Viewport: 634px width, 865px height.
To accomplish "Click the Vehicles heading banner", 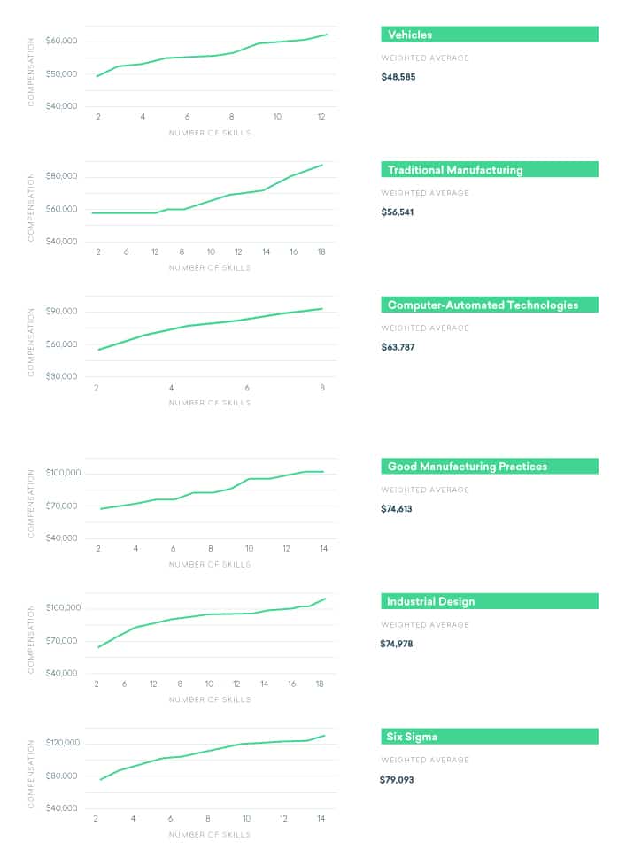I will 409,35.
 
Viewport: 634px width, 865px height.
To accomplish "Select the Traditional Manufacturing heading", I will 454,170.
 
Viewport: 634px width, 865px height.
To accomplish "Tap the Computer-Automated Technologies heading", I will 482,305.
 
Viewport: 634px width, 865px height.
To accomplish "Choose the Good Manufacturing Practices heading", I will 467,467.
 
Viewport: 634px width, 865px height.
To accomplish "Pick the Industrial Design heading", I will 430,601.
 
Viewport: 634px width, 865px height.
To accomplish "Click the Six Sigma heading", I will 412,737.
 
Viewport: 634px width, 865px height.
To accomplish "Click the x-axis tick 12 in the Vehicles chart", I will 321,117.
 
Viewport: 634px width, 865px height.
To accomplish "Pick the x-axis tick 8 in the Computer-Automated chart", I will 322,387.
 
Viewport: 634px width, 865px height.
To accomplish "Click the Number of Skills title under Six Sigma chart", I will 210,834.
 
